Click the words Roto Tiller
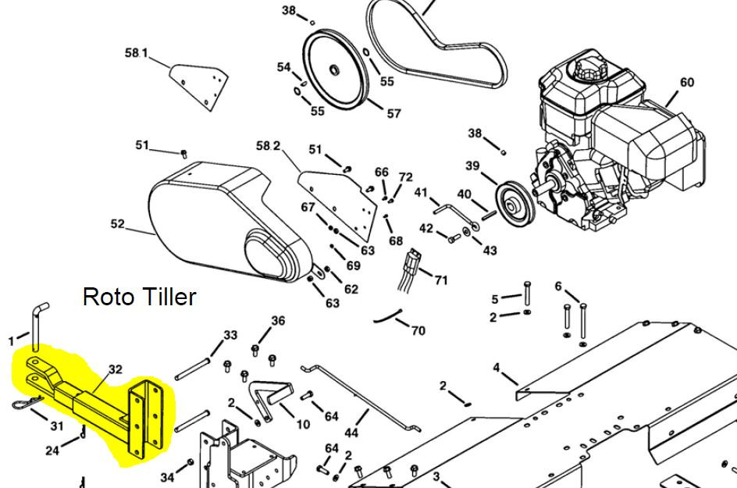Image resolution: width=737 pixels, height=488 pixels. (x=139, y=297)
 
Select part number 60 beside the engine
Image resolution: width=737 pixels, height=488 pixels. (x=687, y=82)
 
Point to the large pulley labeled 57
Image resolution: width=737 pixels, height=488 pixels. (x=335, y=69)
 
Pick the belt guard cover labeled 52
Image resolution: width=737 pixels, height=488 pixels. (x=226, y=221)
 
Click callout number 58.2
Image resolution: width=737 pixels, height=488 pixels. (x=268, y=146)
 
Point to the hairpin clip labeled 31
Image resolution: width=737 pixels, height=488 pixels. (x=26, y=402)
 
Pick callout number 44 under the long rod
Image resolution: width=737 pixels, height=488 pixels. (x=351, y=432)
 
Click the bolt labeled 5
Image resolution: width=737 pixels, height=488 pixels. (x=527, y=293)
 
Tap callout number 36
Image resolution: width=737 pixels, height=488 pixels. (x=278, y=321)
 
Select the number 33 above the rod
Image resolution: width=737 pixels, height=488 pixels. (x=230, y=335)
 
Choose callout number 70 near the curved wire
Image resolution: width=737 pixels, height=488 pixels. (x=418, y=330)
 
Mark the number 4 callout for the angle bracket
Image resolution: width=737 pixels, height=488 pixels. (x=497, y=367)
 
